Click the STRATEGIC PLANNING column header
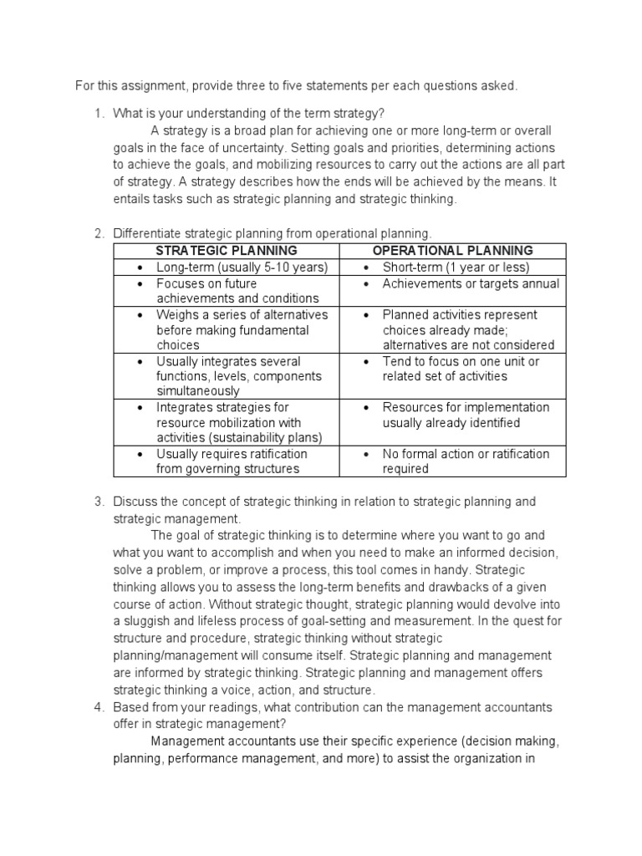[x=226, y=251]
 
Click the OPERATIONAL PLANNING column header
[x=452, y=251]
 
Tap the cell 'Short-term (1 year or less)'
[x=456, y=267]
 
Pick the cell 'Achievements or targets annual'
[x=471, y=283]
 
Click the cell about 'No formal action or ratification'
[x=466, y=461]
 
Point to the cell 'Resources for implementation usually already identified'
[x=466, y=415]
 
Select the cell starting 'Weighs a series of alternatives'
[x=242, y=330]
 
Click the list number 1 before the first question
[x=98, y=114]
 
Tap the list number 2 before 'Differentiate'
[x=98, y=233]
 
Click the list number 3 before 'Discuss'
[x=98, y=502]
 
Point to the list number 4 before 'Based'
[x=98, y=707]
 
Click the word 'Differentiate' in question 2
[x=148, y=233]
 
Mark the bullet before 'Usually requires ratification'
[x=139, y=454]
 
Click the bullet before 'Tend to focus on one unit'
[x=365, y=362]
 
